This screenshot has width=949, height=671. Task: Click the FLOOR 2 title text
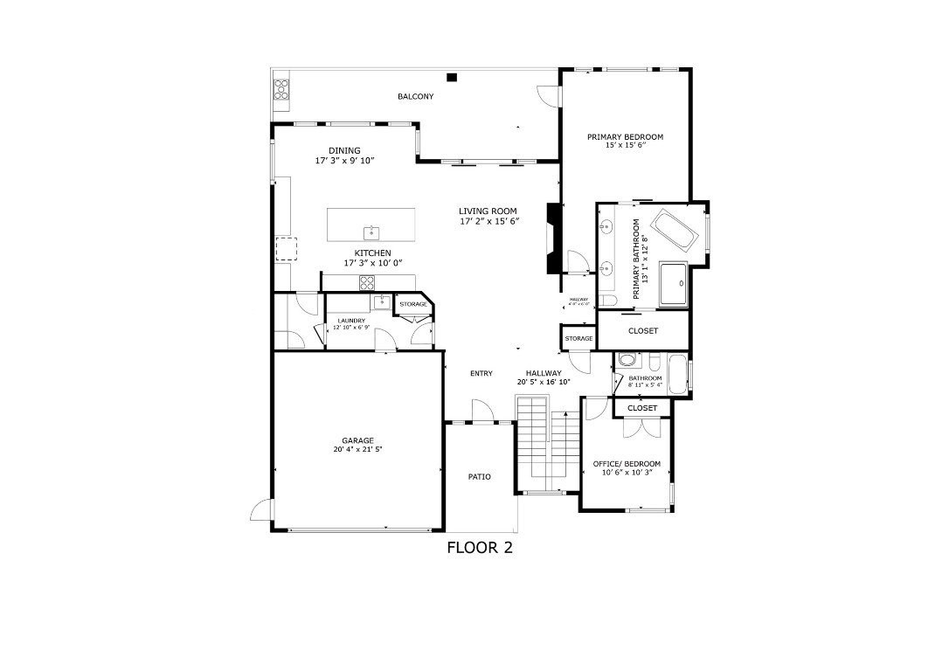coord(479,548)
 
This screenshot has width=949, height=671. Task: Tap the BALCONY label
coord(415,96)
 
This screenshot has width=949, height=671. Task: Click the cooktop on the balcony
coord(281,89)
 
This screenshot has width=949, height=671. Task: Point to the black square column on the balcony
coord(452,77)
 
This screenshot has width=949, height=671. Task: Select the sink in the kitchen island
coord(371,232)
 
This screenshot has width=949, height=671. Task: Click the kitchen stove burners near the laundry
coord(368,281)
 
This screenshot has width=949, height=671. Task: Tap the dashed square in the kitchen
coord(286,249)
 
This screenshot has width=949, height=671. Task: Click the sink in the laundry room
coord(381,302)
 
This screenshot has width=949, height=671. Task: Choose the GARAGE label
coord(357,440)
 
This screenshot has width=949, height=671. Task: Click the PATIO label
coord(479,477)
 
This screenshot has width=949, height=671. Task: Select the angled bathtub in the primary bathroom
coord(675,230)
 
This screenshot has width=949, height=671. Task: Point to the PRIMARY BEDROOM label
coord(625,137)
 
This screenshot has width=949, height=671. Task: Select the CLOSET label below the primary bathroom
coord(642,331)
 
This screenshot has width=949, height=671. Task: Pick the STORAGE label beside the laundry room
coord(413,304)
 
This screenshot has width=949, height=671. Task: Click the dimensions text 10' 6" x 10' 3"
coord(627,472)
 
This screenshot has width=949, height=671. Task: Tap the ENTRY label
coord(481,374)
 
